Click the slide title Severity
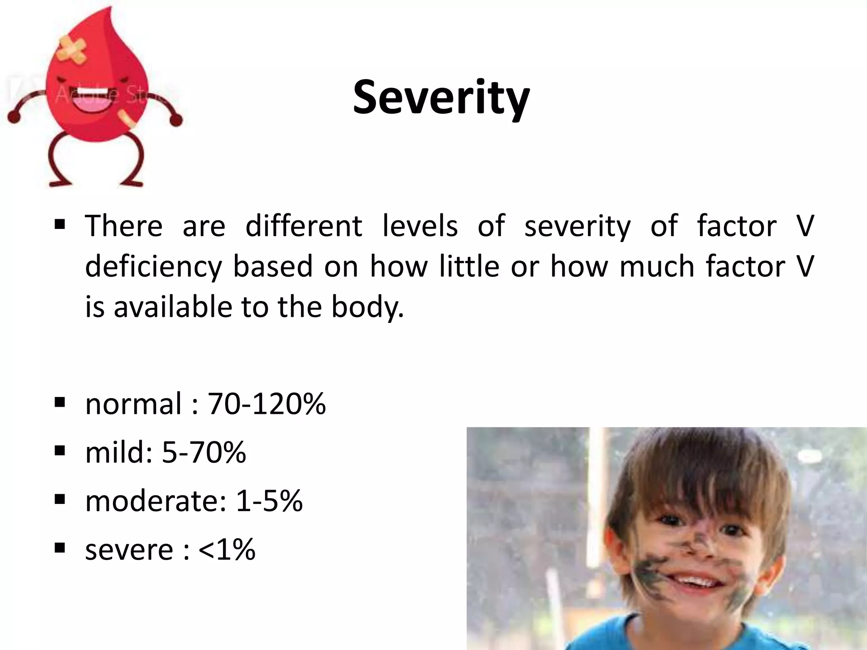pos(441,98)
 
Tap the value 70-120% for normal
pos(267,404)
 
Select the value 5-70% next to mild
pos(204,452)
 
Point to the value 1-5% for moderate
pos(269,501)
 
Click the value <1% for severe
pos(226,550)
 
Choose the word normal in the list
pos(133,404)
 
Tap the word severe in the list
pos(129,550)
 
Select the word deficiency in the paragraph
pos(153,267)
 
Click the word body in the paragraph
pos(367,307)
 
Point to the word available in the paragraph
pos(173,307)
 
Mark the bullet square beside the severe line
pos(60,548)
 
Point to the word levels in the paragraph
pos(420,226)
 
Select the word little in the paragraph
pos(469,267)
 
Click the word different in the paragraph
pos(304,226)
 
